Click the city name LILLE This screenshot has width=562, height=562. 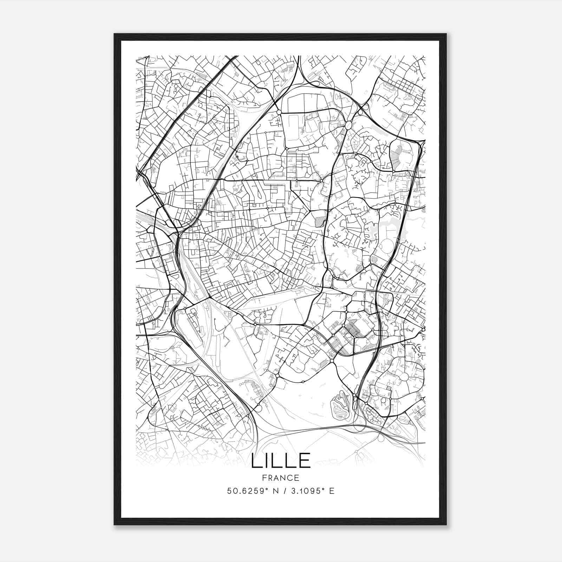click(281, 460)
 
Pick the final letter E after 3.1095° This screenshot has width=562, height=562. click(332, 491)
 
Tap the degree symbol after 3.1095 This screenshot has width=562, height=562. click(323, 489)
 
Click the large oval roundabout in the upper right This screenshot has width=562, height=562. click(349, 125)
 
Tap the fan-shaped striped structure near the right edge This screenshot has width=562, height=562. click(399, 155)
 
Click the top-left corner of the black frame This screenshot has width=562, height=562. click(115, 34)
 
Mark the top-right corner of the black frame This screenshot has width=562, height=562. click(446, 34)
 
